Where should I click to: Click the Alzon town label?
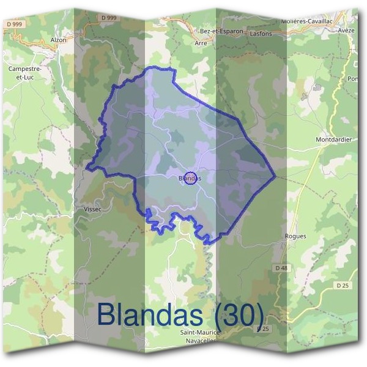[59, 40]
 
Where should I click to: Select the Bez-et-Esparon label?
[221, 31]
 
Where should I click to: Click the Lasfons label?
[261, 34]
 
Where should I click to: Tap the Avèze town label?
[346, 30]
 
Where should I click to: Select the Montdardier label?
[333, 139]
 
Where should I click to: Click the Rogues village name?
[295, 236]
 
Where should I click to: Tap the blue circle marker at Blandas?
[190, 177]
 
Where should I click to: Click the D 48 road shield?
[281, 268]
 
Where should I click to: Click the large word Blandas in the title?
[149, 314]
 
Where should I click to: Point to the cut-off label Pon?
[353, 79]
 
